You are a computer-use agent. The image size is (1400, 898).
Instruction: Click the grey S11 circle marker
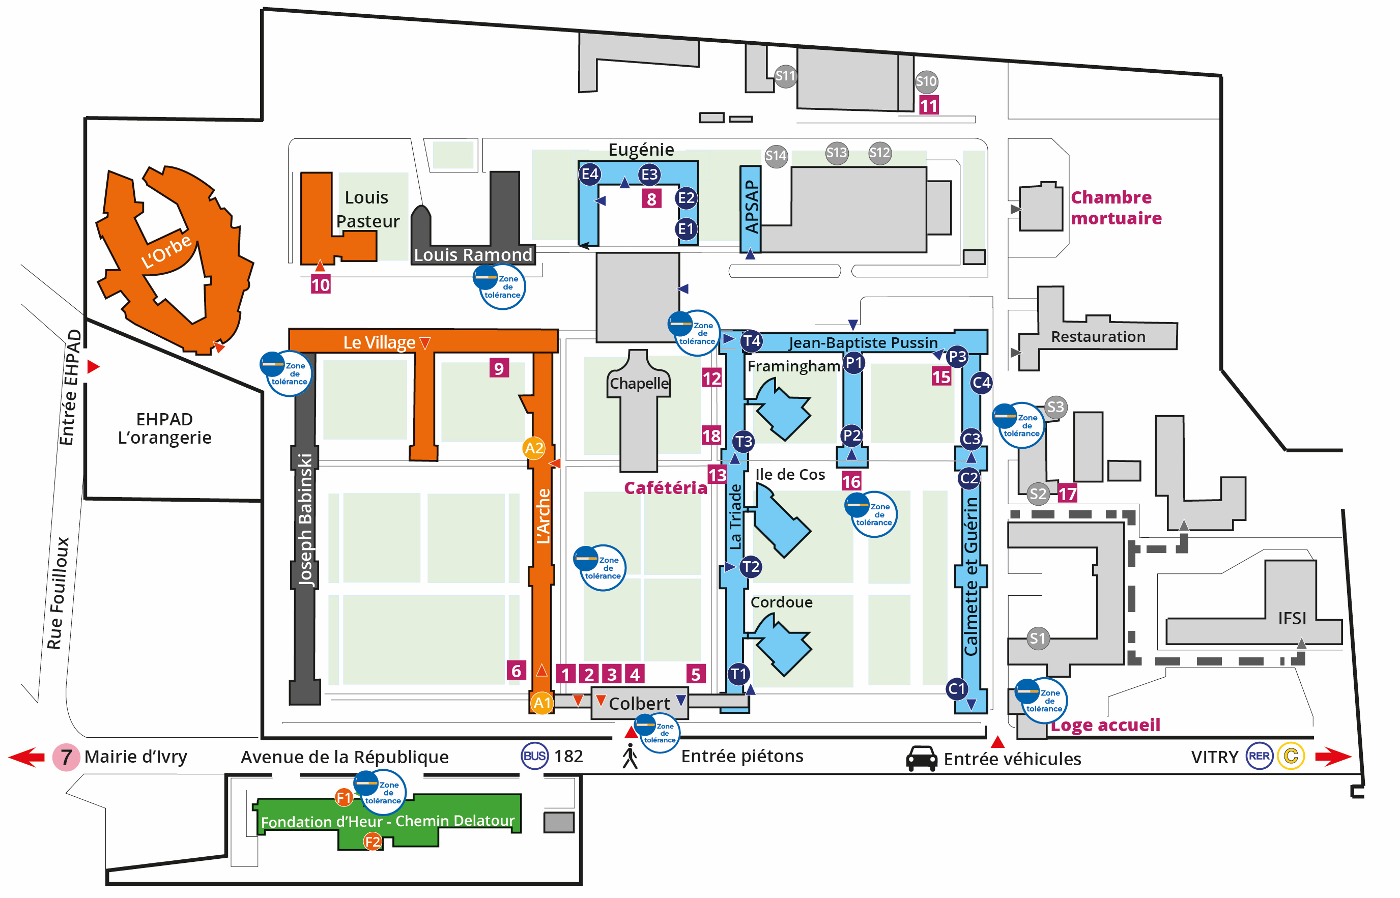[785, 76]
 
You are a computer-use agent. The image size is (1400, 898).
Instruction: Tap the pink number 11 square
[928, 105]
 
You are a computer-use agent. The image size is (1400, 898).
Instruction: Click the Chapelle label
[639, 383]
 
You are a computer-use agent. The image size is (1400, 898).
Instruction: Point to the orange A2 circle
[534, 448]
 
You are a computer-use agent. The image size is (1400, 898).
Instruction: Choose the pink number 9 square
[499, 368]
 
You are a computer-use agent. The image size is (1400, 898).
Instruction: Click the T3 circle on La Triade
[744, 442]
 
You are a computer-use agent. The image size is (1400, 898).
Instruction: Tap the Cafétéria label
[665, 487]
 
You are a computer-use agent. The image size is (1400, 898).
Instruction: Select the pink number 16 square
[851, 481]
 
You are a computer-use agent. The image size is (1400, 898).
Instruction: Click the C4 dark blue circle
[981, 383]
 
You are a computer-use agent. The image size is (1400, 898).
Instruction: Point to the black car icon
[921, 758]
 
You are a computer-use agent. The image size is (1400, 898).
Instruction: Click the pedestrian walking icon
[630, 756]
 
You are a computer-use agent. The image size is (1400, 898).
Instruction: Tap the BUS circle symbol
[534, 756]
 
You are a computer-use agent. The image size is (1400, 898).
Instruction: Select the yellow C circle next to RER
[1291, 756]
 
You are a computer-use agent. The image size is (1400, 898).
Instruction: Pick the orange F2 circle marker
[373, 842]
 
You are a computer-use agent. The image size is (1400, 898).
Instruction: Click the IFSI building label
[1292, 618]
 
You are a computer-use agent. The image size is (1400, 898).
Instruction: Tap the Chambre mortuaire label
[1116, 208]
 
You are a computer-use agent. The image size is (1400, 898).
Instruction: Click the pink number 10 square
[320, 284]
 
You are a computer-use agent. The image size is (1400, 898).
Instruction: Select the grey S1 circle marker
[1037, 638]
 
